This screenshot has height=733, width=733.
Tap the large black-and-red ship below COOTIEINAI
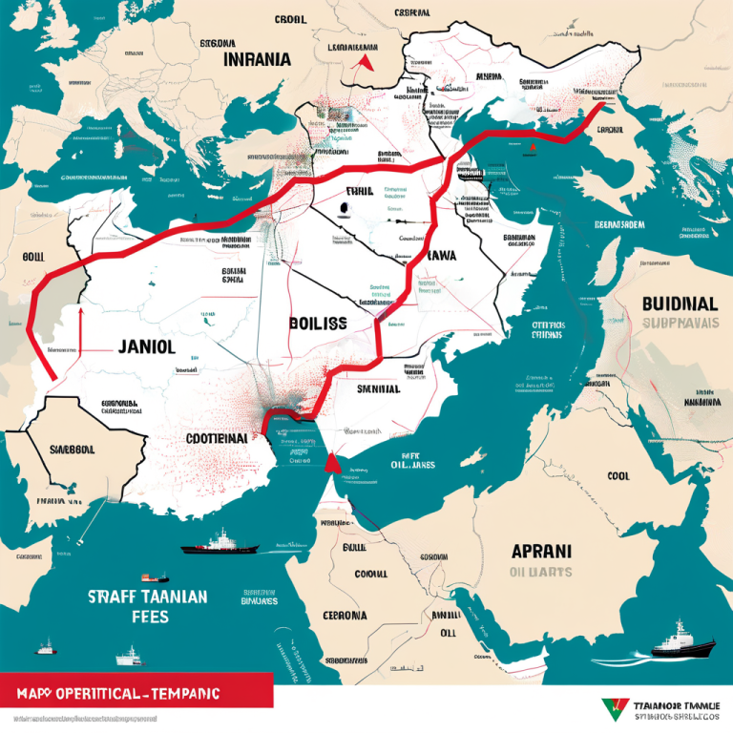pos(220,544)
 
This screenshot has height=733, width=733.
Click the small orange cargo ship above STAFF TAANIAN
pos(154,577)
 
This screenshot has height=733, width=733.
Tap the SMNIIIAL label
pos(378,388)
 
